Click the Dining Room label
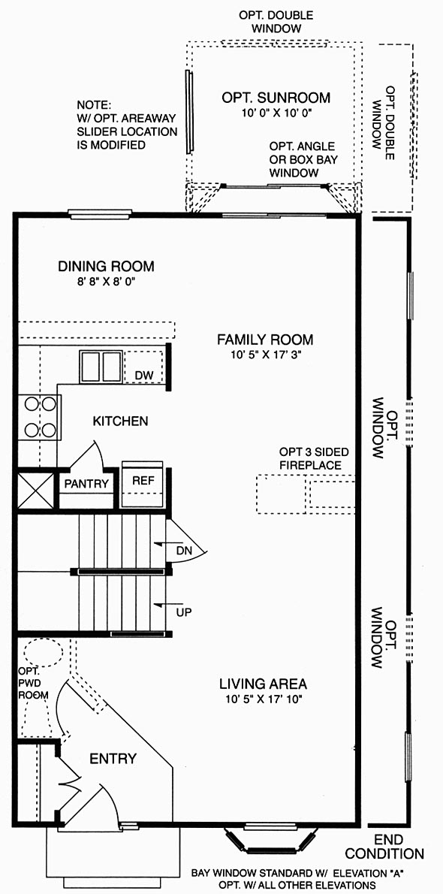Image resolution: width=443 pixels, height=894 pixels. point(106,266)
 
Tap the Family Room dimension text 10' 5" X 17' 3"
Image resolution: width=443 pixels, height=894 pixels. point(264,354)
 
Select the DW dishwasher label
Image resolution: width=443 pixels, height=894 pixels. point(143,375)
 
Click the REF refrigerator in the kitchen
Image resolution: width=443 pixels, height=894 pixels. point(143,484)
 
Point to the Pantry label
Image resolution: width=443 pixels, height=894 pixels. point(86,484)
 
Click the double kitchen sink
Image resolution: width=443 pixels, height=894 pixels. point(101,367)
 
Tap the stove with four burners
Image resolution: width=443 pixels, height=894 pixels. point(39,418)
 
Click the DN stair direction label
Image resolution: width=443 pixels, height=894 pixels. point(184,551)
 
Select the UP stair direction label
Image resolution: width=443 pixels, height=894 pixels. point(184,613)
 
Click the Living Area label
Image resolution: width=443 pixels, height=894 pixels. point(264,683)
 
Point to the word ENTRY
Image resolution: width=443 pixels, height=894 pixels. point(113,759)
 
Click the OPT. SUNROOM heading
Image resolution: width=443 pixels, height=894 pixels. point(276,98)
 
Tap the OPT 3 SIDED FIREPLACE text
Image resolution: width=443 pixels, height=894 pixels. point(314,459)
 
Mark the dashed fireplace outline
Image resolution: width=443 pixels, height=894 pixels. point(306,494)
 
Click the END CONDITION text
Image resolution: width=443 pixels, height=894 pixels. point(384,847)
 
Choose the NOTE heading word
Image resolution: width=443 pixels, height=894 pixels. point(95,105)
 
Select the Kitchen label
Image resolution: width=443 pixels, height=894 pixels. point(120,421)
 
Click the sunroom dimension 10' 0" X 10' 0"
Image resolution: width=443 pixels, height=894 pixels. point(276,113)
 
